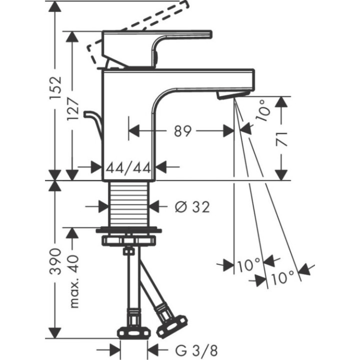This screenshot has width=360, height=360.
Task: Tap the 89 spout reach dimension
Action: click(x=182, y=131)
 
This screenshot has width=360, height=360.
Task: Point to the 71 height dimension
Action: click(x=283, y=138)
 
